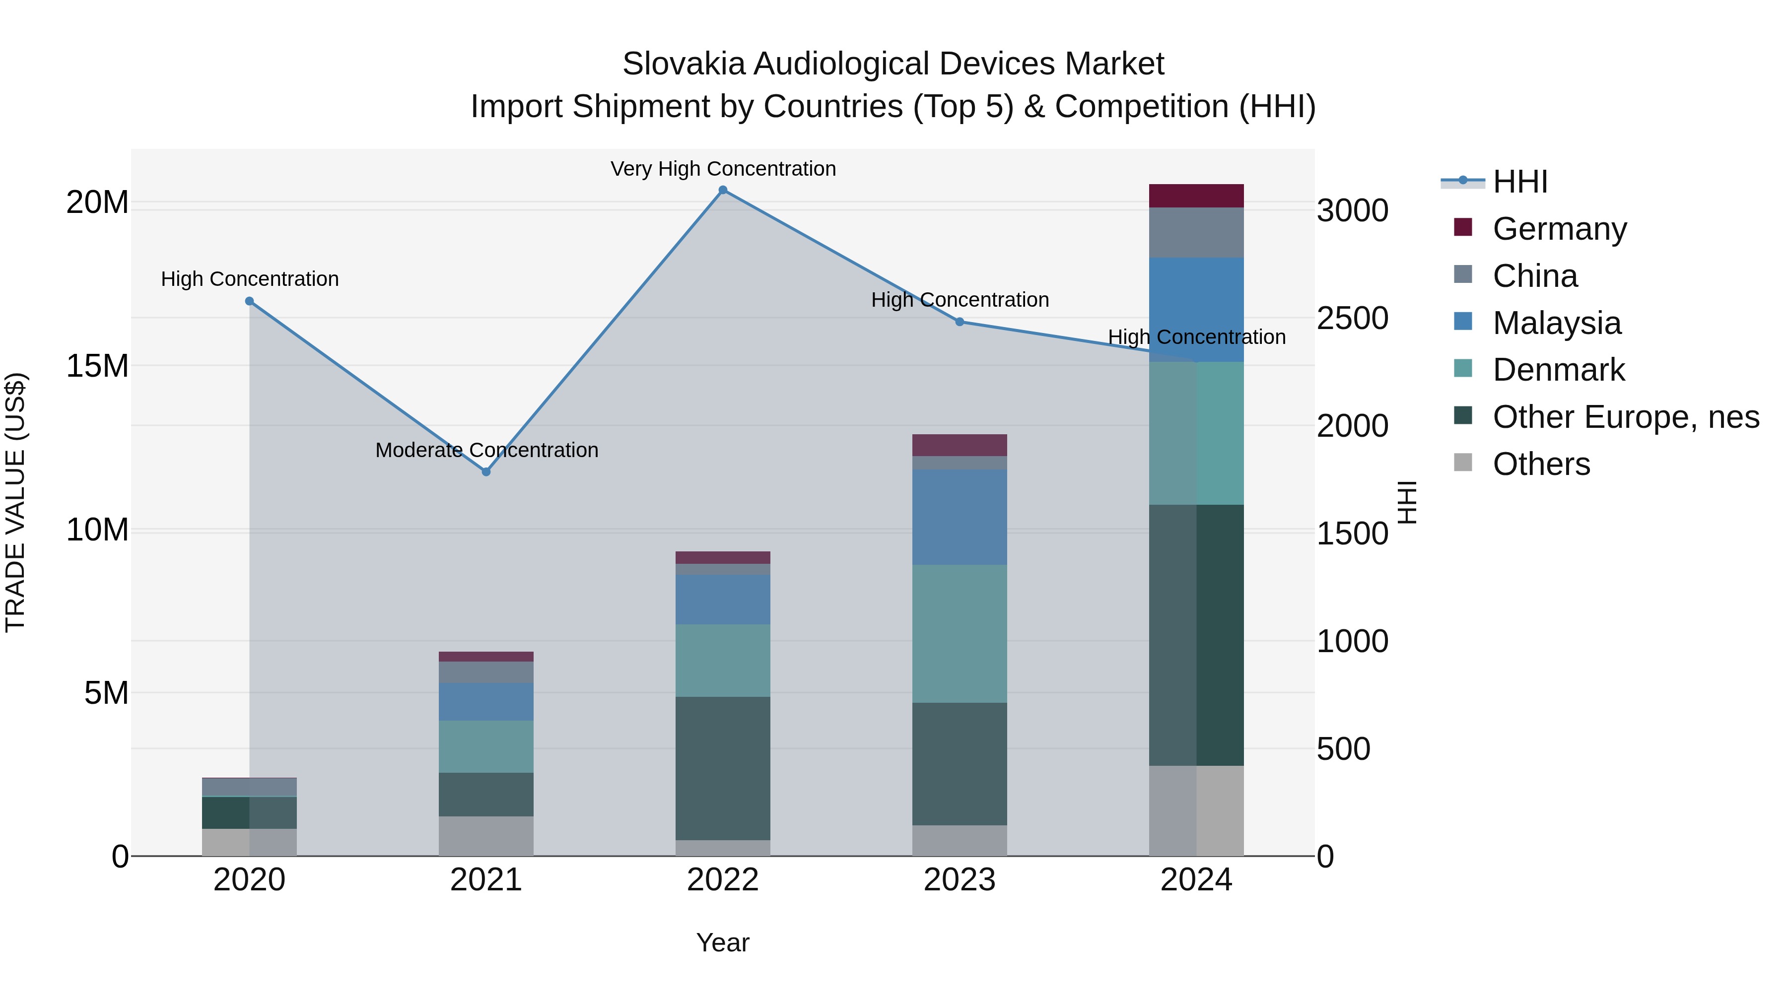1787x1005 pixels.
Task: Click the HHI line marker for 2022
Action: click(723, 190)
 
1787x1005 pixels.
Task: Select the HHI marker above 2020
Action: click(250, 301)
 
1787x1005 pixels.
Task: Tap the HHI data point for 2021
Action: click(486, 471)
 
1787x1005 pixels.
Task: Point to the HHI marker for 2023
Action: click(960, 322)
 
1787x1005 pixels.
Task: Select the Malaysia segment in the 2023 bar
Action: click(960, 518)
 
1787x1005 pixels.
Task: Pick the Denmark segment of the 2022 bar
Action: click(723, 660)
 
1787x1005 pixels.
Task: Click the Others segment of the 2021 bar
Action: click(486, 836)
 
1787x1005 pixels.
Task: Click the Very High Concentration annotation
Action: click(723, 169)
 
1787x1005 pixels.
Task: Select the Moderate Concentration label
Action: click(486, 450)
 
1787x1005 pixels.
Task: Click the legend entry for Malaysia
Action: click(1557, 323)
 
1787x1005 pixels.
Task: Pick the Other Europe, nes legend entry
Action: click(1625, 417)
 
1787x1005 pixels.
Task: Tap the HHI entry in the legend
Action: click(1519, 182)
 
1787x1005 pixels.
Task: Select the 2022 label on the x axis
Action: click(723, 880)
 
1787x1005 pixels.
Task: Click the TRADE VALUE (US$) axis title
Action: click(15, 502)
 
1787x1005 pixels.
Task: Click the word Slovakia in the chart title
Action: click(684, 64)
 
